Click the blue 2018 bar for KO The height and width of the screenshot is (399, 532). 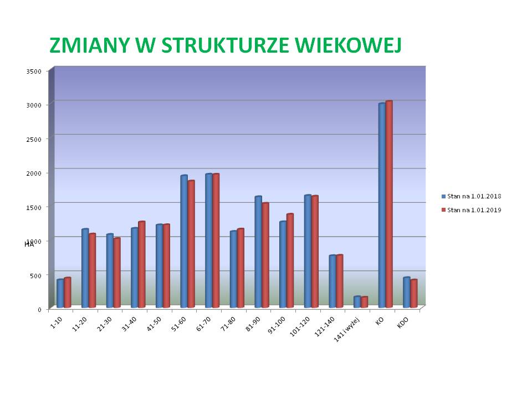(382, 205)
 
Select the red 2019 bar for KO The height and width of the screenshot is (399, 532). (389, 204)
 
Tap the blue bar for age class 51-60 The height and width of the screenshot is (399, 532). (184, 241)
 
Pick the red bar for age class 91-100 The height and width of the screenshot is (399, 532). (290, 260)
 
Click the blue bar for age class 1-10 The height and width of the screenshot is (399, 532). (60, 294)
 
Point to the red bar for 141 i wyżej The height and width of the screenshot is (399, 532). (364, 303)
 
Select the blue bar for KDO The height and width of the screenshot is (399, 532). (406, 293)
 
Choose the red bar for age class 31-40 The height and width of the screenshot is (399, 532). (141, 264)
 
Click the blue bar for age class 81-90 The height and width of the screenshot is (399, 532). (258, 252)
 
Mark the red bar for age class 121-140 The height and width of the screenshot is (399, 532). (339, 282)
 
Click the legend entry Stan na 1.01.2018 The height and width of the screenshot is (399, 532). (471, 196)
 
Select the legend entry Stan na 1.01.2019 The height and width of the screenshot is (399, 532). (471, 210)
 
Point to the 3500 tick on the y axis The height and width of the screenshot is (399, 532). (34, 71)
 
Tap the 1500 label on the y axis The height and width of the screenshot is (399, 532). (34, 207)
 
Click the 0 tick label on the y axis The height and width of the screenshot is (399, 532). (39, 309)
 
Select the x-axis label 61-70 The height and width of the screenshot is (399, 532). (204, 324)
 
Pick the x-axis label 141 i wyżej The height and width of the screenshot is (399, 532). (346, 330)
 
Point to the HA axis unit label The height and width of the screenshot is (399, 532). (29, 244)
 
